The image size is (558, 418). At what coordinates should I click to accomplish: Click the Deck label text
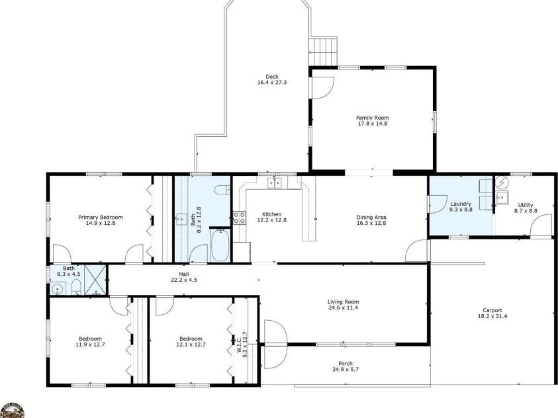pos(271,75)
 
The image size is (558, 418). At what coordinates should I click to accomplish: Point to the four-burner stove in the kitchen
pos(238,218)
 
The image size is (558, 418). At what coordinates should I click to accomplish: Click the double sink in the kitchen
pos(275,183)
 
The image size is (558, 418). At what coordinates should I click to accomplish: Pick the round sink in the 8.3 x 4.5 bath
pos(59,288)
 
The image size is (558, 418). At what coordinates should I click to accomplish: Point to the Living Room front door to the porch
pos(274,333)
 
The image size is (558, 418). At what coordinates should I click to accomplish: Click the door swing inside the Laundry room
pos(438,204)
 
